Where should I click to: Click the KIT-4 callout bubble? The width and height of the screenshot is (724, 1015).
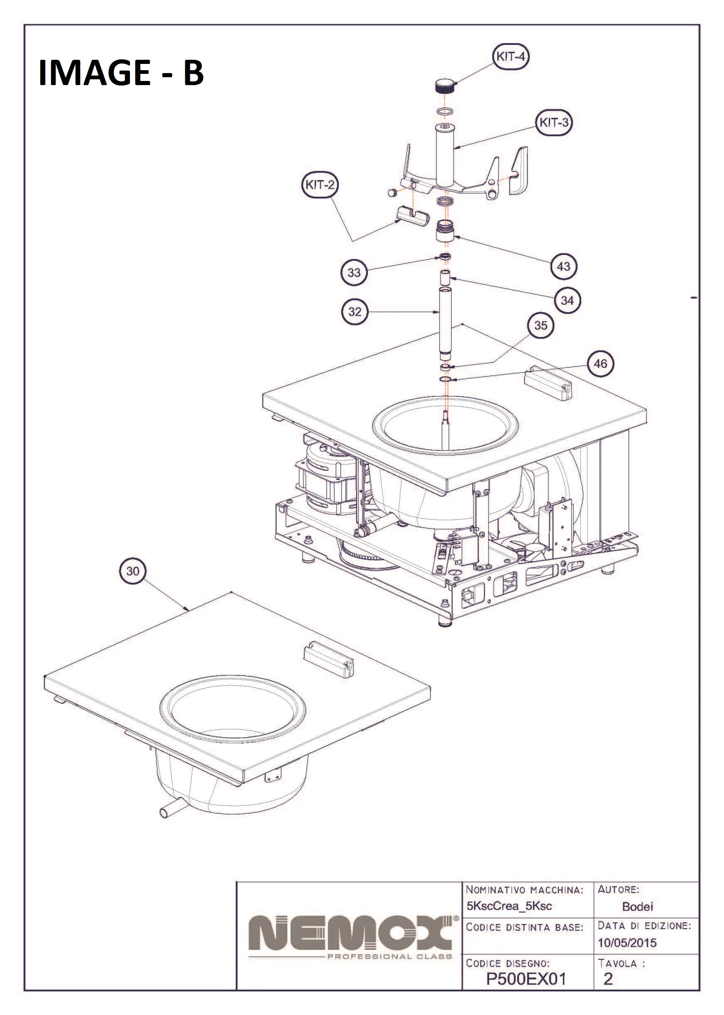[x=511, y=56]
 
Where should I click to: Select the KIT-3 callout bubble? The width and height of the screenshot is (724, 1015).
[x=554, y=122]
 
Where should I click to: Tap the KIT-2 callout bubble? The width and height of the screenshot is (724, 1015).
[x=320, y=185]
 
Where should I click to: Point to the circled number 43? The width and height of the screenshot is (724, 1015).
[x=563, y=267]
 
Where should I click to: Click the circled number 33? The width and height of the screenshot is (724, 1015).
[x=354, y=272]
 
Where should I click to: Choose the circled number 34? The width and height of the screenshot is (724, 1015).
[x=567, y=301]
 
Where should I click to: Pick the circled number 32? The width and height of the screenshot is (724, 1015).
[x=355, y=312]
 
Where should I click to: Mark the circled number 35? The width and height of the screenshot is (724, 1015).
[x=541, y=325]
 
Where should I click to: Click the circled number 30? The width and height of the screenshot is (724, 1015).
[x=133, y=571]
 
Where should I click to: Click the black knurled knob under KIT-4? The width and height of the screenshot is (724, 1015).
[x=445, y=85]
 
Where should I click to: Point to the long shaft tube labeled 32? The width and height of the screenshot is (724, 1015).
[x=445, y=323]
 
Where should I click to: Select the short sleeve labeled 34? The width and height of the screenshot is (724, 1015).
[x=445, y=277]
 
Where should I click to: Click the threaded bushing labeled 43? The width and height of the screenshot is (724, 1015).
[x=445, y=230]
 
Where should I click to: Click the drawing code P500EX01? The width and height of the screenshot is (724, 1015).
[x=526, y=979]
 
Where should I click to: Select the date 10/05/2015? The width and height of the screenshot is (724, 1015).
[x=627, y=943]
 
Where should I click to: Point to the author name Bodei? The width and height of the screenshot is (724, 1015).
[x=638, y=906]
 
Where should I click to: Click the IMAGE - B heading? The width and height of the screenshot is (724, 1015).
[x=121, y=72]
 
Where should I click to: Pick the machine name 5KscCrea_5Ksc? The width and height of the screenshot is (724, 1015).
[x=509, y=906]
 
